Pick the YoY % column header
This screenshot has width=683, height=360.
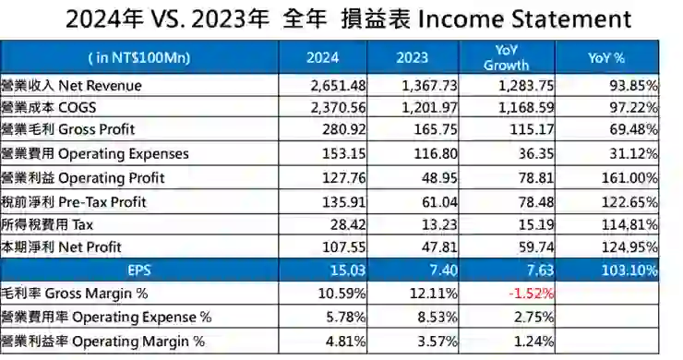click(x=605, y=57)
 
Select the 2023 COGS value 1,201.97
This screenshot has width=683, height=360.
click(x=429, y=107)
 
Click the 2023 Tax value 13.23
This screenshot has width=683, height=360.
click(x=441, y=223)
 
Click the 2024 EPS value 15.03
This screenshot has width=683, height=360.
click(x=350, y=270)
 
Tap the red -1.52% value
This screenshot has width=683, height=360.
click(x=532, y=294)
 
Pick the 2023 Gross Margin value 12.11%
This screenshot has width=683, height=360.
click(x=434, y=294)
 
